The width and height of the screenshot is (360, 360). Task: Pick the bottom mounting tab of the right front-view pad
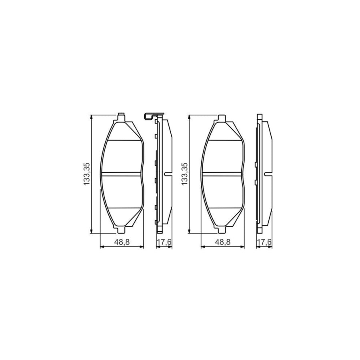(x=222, y=230)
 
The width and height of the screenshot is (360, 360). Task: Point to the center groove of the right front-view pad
(x=223, y=174)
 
